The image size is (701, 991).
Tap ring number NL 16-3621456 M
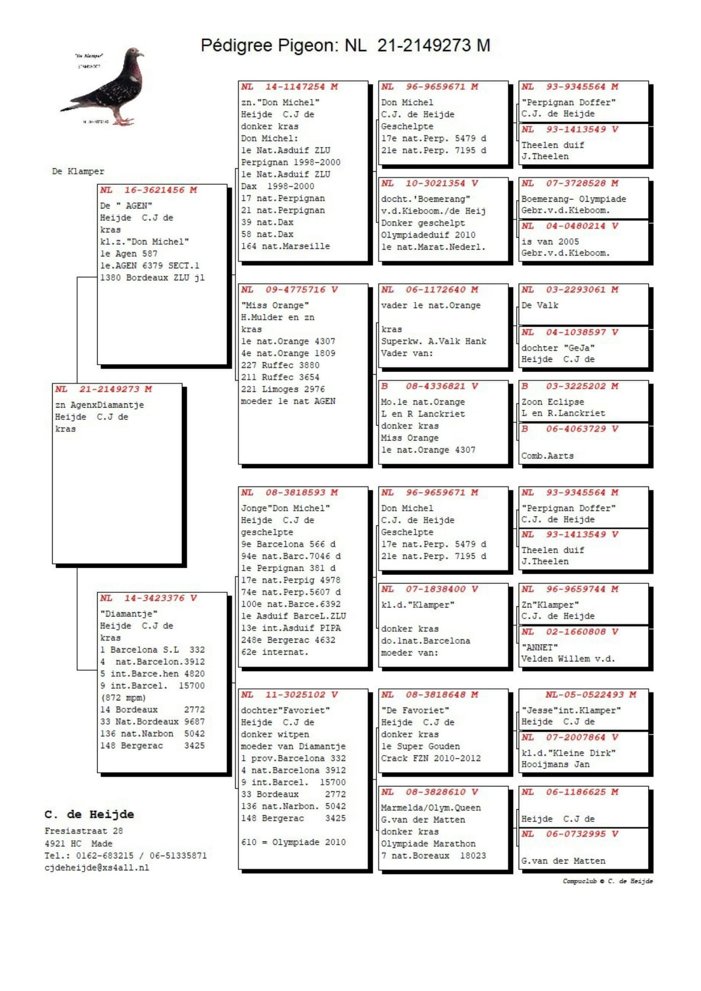coord(148,190)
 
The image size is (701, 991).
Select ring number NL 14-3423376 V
coord(148,598)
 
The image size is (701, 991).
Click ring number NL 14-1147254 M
coord(289,86)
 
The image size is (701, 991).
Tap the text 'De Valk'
coord(539,305)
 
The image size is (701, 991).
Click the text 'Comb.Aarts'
coord(547,456)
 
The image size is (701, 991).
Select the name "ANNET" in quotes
coord(539,647)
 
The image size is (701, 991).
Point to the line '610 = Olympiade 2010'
coord(293,842)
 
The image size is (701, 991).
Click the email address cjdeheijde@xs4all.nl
coord(97,868)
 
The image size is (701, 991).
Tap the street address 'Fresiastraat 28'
coord(84,831)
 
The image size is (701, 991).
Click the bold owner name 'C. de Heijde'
coord(89,814)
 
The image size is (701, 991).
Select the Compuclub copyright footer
coord(607,881)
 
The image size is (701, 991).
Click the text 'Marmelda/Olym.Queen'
coord(430,808)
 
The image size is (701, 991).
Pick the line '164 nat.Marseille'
coord(285,246)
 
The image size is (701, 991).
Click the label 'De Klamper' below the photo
coord(78,171)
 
